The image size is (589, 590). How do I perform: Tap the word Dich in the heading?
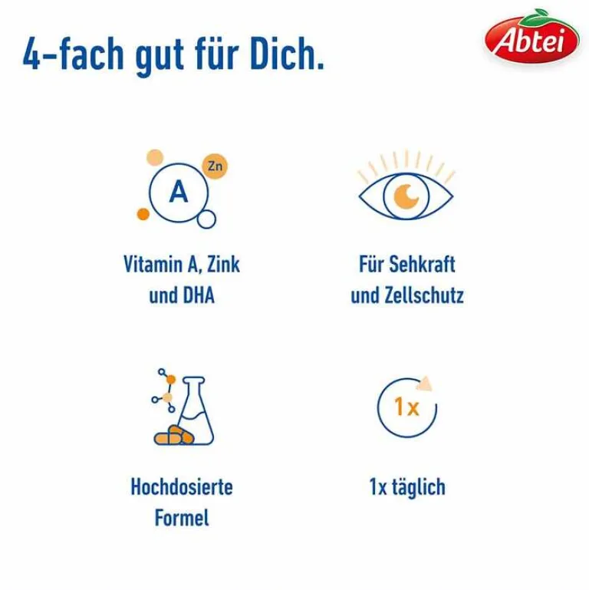point(281,54)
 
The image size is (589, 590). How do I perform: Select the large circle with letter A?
point(178,193)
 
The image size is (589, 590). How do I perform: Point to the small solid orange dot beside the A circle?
point(142,214)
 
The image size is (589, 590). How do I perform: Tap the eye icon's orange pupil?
point(406,196)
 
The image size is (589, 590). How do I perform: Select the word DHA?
point(197,295)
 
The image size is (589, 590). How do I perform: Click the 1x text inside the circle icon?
point(406,407)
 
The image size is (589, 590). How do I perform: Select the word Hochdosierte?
point(182,486)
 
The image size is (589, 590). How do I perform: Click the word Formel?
point(182,517)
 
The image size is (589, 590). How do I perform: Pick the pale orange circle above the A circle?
point(155,157)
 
